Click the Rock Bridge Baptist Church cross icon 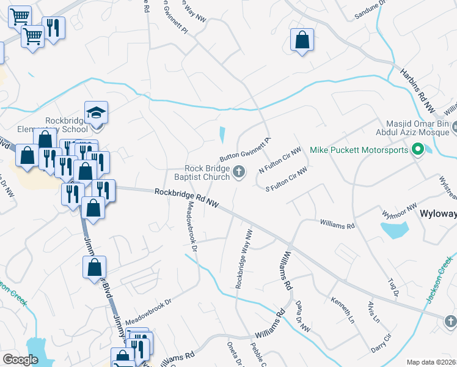coord(239,174)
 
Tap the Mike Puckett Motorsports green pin coord(418,149)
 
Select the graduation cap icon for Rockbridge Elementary coord(96,113)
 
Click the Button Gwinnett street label coord(244,146)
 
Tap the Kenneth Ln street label coord(343,306)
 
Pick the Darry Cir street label coord(381,343)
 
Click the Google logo coord(20,360)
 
